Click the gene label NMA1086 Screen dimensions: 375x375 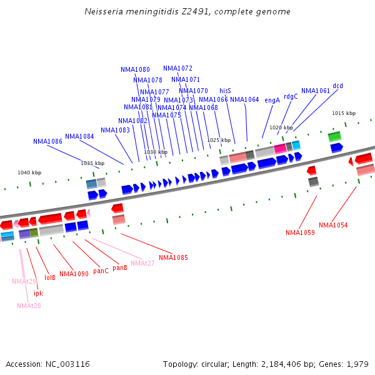coord(47,142)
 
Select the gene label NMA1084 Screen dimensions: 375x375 coord(79,137)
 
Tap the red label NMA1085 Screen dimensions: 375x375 coord(173,257)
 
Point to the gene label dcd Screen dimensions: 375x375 coord(337,86)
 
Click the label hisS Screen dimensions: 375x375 coord(225,91)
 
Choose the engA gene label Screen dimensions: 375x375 coord(272,100)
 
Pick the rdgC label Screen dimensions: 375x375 coord(291,96)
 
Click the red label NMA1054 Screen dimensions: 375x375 coord(333,225)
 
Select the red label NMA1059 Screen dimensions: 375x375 coord(300,232)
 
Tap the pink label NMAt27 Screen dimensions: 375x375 coord(142,263)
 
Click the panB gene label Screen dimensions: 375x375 coord(120,267)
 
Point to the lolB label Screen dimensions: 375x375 coord(50,277)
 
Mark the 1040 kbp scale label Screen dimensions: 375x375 coord(29,172)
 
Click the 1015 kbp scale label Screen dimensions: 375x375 coord(343,113)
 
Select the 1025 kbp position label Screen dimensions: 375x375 coord(219,140)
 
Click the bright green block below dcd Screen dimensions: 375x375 coord(334,136)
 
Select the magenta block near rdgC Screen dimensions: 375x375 coord(280,148)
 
